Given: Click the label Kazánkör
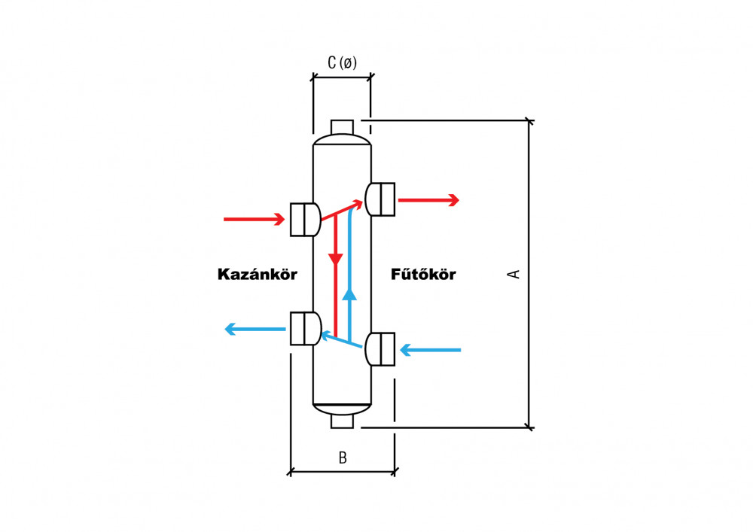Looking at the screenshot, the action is (257, 274).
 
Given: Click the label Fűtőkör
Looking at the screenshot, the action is (423, 274).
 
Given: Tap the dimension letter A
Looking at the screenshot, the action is (514, 274).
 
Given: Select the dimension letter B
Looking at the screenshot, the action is (343, 458).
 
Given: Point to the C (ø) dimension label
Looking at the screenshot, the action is (342, 62).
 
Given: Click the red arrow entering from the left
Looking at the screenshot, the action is (254, 219).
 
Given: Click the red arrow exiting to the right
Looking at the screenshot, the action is (428, 200).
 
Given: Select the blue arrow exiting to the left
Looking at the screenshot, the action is (255, 329).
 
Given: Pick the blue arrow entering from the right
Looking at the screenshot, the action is (430, 350).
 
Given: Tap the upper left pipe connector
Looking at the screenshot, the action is (306, 219).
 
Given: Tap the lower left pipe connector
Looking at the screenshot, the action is (306, 329).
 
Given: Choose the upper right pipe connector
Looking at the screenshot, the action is (380, 199).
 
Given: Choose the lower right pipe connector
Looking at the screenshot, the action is (380, 349).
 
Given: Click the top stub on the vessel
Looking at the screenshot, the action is (343, 127).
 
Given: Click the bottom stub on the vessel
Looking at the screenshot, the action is (343, 421).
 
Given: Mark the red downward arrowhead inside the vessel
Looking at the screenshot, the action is (336, 259).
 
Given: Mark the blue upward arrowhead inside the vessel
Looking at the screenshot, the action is (350, 294).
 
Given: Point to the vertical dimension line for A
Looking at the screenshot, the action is (529, 274).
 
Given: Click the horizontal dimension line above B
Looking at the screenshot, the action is (343, 472).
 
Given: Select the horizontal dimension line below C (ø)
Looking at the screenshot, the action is (342, 77).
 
